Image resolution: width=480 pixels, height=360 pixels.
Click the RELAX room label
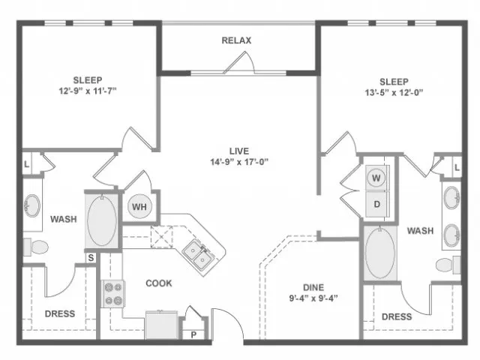[236, 40]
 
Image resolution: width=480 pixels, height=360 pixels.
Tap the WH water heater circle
[139, 207]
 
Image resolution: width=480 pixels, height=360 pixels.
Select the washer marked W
[376, 178]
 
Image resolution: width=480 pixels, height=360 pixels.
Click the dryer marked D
[377, 204]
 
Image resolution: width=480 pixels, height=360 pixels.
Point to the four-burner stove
[113, 294]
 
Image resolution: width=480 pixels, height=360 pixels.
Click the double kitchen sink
[197, 255]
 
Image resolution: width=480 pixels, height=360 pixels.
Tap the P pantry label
[193, 335]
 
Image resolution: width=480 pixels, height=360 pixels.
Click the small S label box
[91, 258]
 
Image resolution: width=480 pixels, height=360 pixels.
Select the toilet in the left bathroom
[36, 247]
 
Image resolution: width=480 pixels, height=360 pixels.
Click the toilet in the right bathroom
[448, 265]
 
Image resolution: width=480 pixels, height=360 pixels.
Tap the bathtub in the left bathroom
[102, 220]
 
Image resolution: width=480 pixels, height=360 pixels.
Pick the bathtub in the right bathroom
[380, 252]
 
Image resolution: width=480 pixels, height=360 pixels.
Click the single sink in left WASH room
[32, 205]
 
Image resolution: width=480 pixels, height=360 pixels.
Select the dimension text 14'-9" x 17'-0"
[239, 162]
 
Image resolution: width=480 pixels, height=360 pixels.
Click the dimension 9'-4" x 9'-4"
[313, 298]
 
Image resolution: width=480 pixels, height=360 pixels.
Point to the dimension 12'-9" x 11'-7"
[88, 91]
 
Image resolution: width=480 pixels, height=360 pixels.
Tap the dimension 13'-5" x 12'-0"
[394, 92]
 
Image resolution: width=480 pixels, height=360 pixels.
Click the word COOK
[159, 283]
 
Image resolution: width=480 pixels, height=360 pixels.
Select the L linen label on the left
[27, 164]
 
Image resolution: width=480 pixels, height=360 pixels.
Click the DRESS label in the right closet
[397, 316]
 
